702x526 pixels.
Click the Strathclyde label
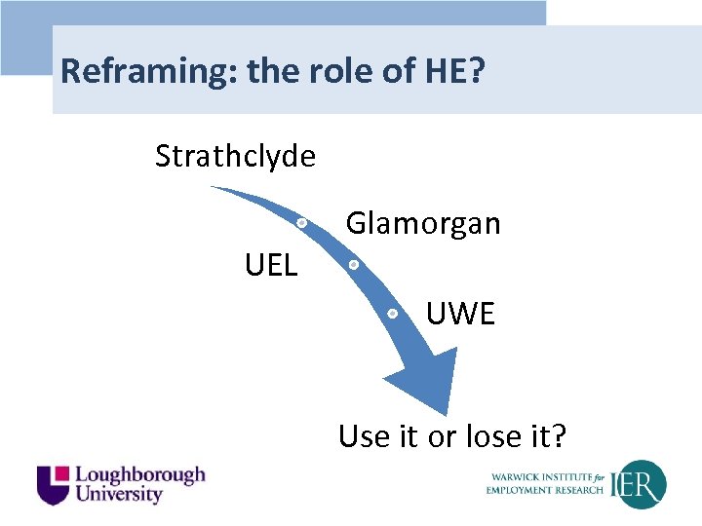[235, 156]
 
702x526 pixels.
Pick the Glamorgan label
[423, 224]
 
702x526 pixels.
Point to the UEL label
[271, 264]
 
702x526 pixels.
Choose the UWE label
[460, 314]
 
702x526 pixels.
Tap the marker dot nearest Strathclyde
[302, 223]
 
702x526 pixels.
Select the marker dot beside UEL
[353, 264]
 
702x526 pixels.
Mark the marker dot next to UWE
[391, 314]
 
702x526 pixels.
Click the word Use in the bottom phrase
[363, 436]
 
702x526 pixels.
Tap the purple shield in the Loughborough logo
[53, 484]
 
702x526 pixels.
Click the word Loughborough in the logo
[140, 474]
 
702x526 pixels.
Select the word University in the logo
[119, 494]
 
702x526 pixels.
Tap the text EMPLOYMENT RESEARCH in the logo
[546, 490]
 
